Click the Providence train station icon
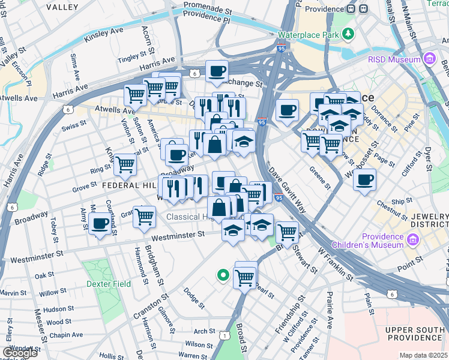(364, 9)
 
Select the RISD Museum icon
(430, 59)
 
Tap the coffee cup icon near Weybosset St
(364, 179)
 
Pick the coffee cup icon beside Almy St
(100, 224)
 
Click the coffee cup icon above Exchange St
(217, 71)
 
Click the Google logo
(20, 352)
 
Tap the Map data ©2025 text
(423, 355)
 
